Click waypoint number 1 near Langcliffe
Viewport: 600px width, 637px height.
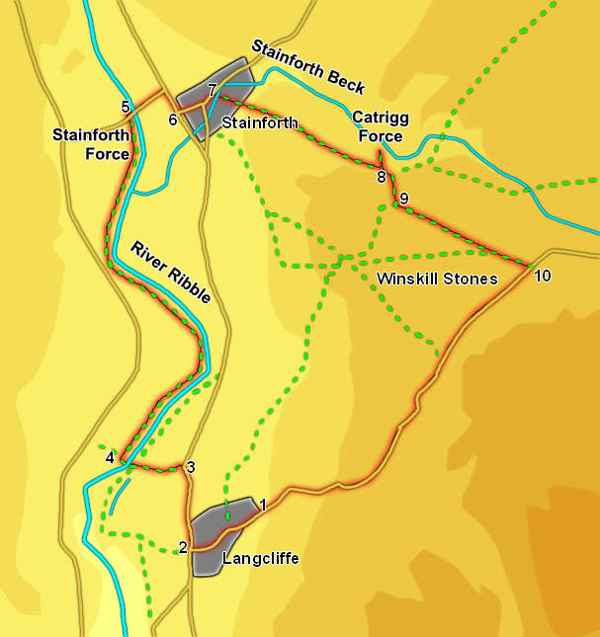263,506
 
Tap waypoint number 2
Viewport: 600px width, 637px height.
183,547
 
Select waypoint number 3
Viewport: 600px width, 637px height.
191,467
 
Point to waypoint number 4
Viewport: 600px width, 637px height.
111,457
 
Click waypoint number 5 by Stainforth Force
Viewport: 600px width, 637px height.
126,107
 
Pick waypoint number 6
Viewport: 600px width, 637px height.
173,120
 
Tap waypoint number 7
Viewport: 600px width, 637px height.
213,90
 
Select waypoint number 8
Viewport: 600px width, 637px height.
381,178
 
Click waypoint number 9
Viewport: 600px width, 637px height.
403,199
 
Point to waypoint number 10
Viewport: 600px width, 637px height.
542,276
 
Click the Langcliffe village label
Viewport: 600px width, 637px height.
261,559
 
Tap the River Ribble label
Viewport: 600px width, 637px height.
170,272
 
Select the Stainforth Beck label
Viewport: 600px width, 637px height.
307,67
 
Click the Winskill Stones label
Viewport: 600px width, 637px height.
437,279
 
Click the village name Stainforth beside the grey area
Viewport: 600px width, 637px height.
260,123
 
